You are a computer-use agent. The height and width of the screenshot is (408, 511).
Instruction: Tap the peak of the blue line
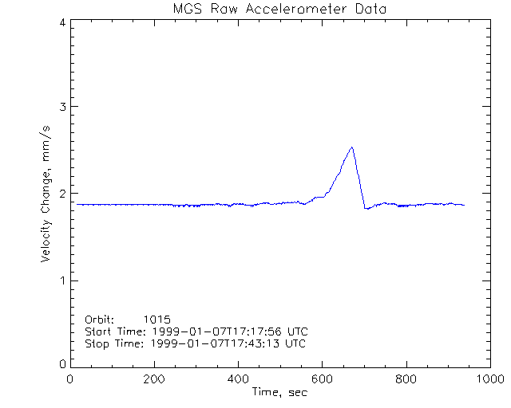351,147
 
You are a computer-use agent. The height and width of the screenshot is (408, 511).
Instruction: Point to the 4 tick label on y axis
61,22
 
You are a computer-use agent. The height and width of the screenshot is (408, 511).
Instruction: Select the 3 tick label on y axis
61,107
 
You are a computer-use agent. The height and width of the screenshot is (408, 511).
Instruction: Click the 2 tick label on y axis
61,194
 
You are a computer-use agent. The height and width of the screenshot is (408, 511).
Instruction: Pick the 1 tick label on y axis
61,280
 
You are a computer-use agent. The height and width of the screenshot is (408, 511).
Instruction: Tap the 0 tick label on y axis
61,364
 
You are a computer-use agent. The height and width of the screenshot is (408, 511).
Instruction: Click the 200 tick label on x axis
154,380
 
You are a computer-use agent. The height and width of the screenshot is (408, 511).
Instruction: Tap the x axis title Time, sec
279,392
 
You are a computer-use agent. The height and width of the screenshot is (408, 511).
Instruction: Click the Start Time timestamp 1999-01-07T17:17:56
211,331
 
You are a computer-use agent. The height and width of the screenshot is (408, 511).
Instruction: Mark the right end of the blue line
464,205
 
